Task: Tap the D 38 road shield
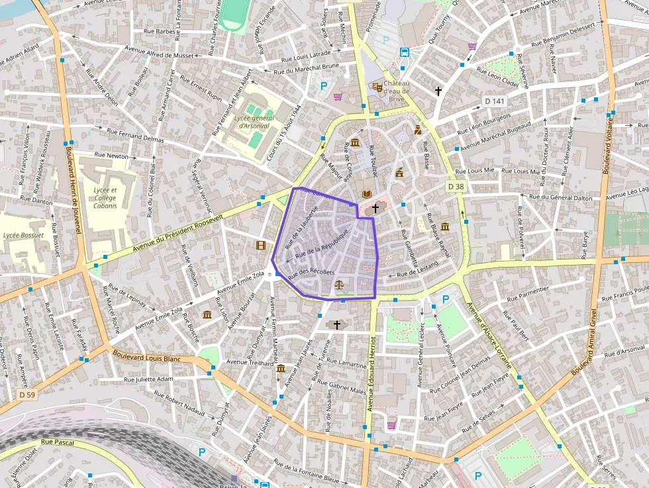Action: (x=456, y=187)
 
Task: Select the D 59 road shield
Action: (x=27, y=395)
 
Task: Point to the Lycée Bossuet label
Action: (x=23, y=235)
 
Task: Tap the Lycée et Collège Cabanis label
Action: (x=105, y=198)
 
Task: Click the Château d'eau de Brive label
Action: (x=397, y=91)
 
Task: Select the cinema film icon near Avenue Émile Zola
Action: (x=261, y=246)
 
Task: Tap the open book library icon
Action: (x=366, y=194)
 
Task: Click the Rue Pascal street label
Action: (x=56, y=442)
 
